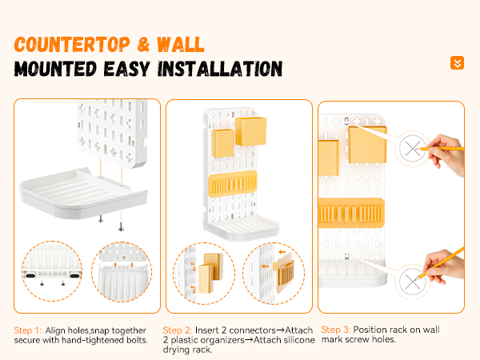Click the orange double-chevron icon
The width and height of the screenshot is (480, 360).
(x=457, y=62)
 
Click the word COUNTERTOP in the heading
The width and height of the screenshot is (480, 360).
(x=72, y=45)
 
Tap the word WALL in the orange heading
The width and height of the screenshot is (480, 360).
(x=181, y=45)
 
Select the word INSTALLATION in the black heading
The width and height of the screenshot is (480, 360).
(x=220, y=69)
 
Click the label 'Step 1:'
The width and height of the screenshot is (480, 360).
(x=27, y=330)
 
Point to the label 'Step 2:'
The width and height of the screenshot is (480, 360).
(x=178, y=330)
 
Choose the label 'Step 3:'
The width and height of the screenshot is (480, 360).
(x=335, y=330)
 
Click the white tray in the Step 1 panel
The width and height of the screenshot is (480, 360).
(x=83, y=194)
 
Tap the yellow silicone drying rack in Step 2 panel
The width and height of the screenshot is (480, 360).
(x=233, y=183)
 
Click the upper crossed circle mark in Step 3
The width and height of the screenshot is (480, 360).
(x=412, y=149)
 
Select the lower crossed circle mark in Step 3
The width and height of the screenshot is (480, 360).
(x=412, y=282)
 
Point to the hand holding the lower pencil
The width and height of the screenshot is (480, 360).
(x=445, y=266)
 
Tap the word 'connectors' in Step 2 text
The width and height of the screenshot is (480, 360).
(x=253, y=330)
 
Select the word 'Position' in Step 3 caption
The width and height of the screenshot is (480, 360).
(x=370, y=330)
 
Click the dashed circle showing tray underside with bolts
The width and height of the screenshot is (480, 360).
(x=52, y=271)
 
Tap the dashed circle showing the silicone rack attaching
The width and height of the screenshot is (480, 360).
(x=274, y=274)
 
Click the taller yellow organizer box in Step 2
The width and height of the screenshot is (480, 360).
(x=250, y=131)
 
